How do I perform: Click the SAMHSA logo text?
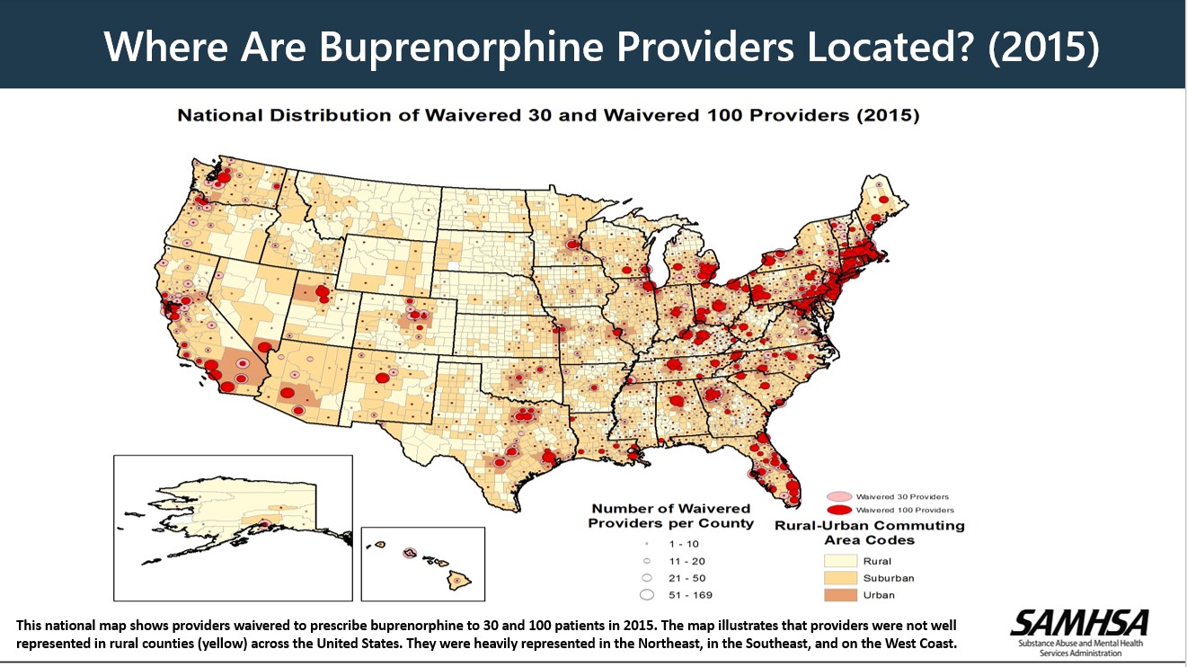[1079, 623]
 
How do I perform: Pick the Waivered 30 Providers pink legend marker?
[838, 496]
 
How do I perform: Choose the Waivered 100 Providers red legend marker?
[838, 510]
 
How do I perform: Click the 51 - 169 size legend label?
[690, 594]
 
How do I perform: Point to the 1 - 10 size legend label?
[683, 544]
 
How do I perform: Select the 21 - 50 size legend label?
[687, 577]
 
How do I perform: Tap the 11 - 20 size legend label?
[687, 560]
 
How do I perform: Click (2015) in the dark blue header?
[1042, 48]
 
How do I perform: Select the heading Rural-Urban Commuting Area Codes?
[869, 532]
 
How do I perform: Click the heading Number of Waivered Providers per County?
[671, 517]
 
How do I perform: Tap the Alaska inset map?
[233, 528]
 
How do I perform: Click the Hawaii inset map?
[422, 563]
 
